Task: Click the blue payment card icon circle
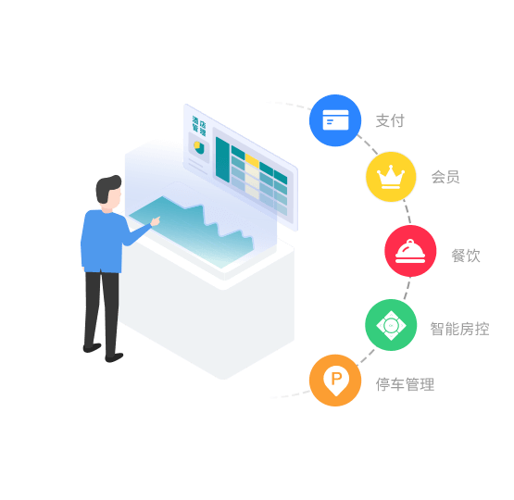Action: point(335,120)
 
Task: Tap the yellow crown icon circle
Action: point(391,177)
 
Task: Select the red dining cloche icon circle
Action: point(410,251)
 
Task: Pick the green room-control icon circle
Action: point(391,325)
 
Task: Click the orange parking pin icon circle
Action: point(335,381)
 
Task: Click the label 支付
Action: point(390,120)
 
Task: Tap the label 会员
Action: point(445,177)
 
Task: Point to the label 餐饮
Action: point(466,256)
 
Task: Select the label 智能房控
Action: point(459,329)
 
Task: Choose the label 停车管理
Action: point(405,384)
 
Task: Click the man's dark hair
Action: point(107,188)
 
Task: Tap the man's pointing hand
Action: point(156,221)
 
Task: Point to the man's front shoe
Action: point(114,357)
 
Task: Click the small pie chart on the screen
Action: point(199,148)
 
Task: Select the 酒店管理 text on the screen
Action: point(199,126)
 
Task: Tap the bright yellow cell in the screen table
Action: point(252,160)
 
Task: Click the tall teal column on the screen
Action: point(222,159)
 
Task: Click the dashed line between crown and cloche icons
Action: point(407,211)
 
